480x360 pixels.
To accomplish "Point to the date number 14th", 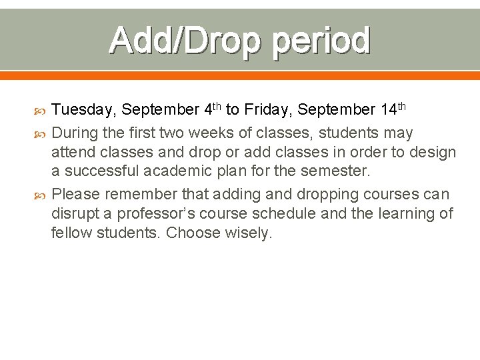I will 393,108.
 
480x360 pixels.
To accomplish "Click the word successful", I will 101,171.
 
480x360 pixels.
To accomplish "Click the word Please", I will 75,195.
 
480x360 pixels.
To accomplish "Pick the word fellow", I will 69,233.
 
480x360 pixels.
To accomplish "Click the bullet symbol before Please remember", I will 39,195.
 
